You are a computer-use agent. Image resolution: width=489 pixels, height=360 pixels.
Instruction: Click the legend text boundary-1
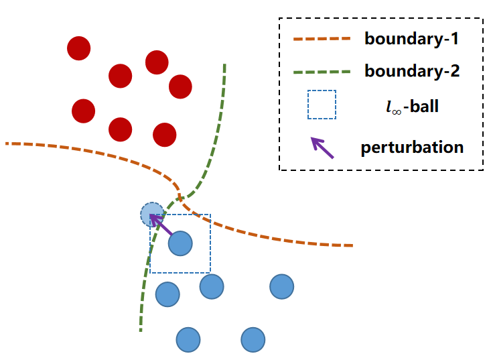pos(411,39)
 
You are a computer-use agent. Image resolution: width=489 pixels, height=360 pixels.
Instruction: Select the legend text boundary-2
pos(411,71)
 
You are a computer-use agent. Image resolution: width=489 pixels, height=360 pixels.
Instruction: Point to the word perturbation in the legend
pos(412,147)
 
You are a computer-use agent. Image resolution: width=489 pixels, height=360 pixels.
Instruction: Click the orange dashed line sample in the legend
pos(322,40)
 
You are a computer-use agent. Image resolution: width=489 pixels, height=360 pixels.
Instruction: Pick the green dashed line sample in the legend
pos(322,72)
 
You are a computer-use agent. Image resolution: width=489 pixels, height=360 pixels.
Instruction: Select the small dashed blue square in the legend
pos(322,105)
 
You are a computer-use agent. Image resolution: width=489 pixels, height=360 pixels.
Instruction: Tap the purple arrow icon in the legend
pos(322,147)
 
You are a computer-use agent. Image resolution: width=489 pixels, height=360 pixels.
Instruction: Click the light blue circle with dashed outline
pos(151,215)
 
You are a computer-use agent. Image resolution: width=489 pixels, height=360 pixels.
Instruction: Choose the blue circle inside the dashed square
pos(180,243)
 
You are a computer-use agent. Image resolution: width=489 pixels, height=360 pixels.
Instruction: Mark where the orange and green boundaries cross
pos(180,196)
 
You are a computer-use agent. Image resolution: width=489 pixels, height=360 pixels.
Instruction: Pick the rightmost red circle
pos(180,86)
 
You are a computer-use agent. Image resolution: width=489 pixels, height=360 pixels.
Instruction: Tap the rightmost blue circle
pos(282,286)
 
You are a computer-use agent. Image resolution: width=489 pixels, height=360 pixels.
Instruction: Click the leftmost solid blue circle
pos(167,294)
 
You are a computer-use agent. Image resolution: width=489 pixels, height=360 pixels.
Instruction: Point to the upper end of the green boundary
pos(224,65)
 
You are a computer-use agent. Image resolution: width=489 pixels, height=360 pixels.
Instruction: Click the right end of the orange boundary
pos(352,245)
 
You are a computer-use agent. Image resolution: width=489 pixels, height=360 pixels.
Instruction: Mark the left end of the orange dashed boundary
pos(7,143)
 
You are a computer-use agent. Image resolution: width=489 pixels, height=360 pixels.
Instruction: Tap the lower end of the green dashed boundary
pos(141,330)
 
